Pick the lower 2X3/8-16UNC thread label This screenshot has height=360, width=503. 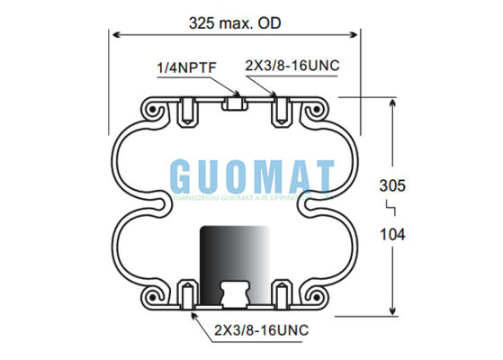(x=261, y=331)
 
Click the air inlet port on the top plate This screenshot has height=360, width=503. (x=235, y=104)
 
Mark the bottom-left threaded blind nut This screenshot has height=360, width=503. (x=186, y=293)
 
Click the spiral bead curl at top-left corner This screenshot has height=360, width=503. (x=154, y=110)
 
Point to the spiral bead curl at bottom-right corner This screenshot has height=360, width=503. (x=316, y=294)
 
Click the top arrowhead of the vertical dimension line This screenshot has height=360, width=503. (x=393, y=103)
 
